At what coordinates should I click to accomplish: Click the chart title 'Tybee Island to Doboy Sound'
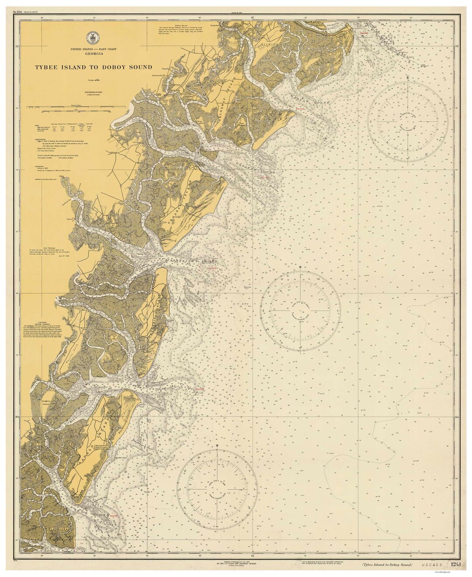pos(94,67)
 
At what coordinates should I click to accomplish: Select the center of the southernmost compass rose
pos(217,487)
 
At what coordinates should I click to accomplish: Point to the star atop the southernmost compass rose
pos(217,446)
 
